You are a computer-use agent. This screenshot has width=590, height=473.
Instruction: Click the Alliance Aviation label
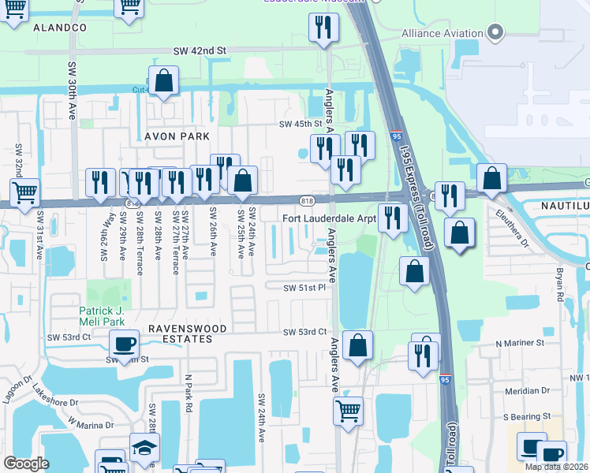(442, 33)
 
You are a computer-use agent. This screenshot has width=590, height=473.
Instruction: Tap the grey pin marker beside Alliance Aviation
(495, 32)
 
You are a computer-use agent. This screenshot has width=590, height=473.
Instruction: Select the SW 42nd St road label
(200, 50)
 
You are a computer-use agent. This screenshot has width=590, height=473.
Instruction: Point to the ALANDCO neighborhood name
(59, 27)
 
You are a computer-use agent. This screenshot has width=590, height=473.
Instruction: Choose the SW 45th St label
(301, 124)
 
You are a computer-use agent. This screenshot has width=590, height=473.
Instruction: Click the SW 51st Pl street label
(304, 288)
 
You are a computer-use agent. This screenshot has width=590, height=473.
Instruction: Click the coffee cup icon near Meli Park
(124, 344)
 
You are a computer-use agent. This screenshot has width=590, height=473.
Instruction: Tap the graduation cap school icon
(144, 447)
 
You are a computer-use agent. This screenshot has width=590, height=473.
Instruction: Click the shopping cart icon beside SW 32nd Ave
(25, 191)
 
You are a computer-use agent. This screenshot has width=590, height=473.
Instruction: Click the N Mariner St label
(520, 343)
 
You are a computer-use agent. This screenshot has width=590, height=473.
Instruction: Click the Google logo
(26, 464)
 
